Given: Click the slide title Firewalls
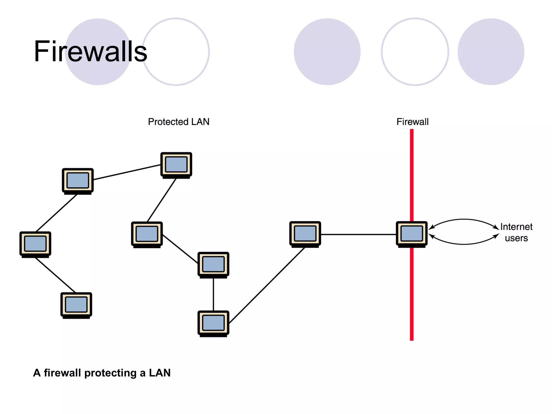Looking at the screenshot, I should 90,51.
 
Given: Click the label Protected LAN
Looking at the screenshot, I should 178,122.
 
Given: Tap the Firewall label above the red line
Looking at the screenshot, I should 412,122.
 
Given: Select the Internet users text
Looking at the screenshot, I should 516,232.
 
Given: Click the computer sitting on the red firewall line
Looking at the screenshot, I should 412,234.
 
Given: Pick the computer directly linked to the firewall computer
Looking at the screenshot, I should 305,234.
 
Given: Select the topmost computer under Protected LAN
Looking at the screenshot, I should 176,165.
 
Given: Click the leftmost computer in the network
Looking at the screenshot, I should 35,244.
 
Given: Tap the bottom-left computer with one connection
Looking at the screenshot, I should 76,305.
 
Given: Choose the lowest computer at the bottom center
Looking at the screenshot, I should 213,323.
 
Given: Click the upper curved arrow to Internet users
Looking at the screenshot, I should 464,219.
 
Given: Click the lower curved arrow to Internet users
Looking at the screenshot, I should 464,244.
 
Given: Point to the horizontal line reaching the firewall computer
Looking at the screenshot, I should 358,234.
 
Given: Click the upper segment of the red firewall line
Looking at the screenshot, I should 412,175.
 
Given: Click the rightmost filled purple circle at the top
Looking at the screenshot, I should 491,52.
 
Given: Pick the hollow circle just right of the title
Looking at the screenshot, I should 176,52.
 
